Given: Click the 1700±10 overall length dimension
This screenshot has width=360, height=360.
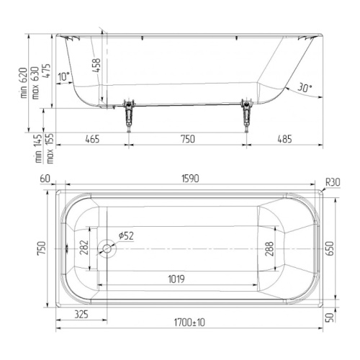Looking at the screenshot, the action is (189, 323).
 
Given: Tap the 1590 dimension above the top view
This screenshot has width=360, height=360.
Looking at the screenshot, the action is (190, 179).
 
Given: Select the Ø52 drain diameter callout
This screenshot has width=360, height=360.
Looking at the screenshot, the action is (126, 235).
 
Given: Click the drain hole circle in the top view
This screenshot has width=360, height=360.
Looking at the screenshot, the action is (107, 248).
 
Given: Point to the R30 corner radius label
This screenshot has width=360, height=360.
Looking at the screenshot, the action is (333, 183).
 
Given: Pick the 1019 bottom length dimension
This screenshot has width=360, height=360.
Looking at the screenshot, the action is (176, 279).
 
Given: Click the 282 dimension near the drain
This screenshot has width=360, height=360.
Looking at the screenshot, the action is (84, 247).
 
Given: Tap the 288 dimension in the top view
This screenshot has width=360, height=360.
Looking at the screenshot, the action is (269, 249).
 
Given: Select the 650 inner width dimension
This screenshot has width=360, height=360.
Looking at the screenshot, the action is (330, 248).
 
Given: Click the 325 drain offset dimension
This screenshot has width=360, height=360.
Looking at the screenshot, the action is (81, 314).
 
